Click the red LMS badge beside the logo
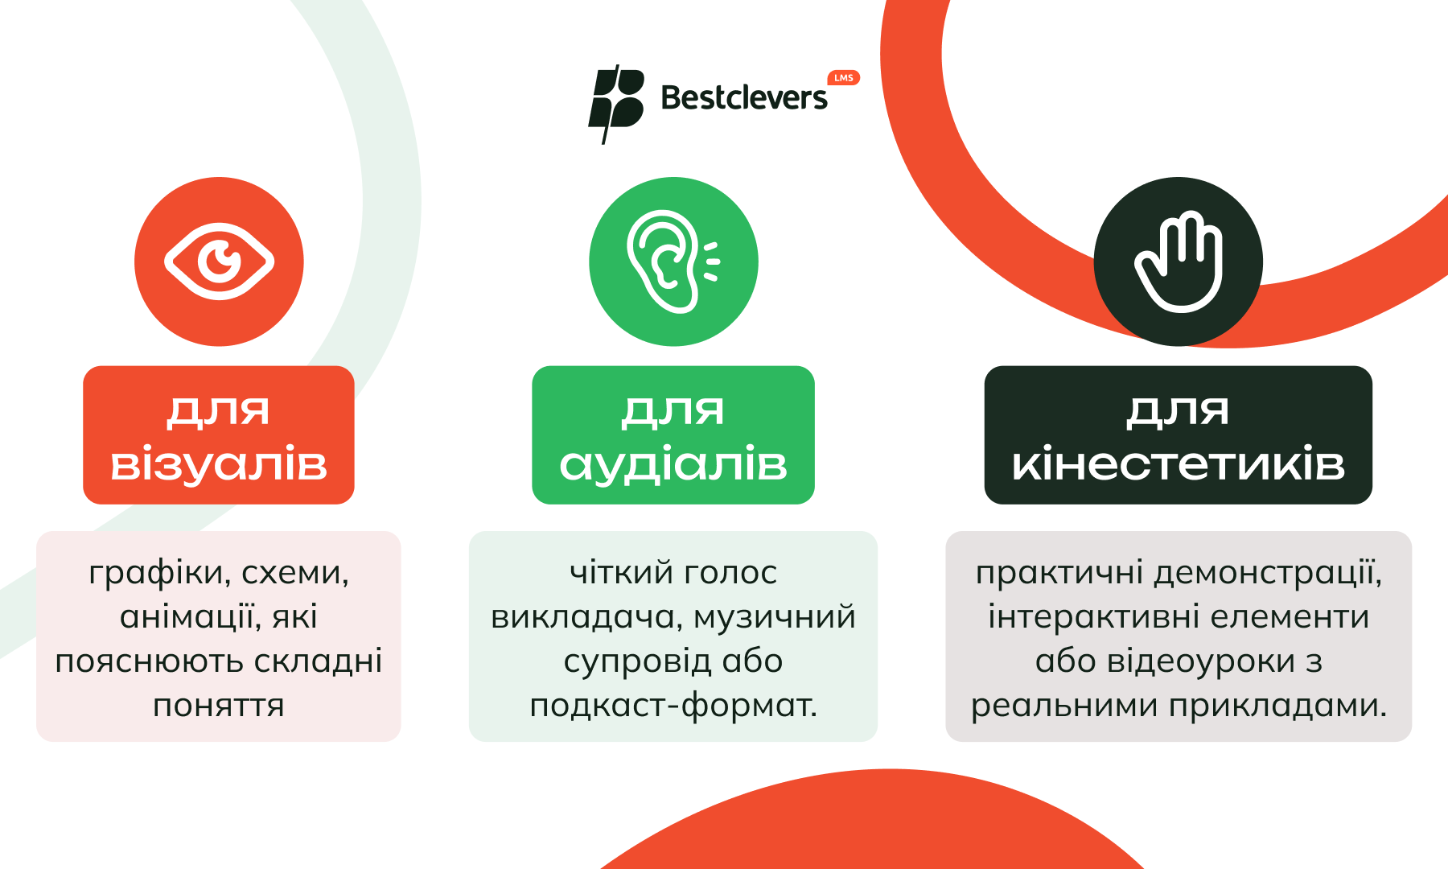[844, 78]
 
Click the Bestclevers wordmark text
[744, 97]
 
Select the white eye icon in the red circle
[219, 262]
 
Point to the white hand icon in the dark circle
[1179, 262]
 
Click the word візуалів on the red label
[219, 464]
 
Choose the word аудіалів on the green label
[673, 464]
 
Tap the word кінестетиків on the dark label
[1179, 464]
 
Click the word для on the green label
[673, 411]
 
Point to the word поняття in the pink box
[219, 706]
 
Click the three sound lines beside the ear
[711, 262]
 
